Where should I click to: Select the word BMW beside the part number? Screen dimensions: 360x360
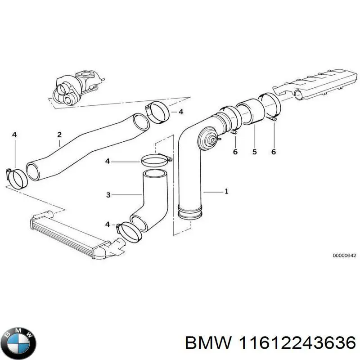205,344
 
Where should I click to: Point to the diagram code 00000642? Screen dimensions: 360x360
344,256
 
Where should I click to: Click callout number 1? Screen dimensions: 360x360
226,191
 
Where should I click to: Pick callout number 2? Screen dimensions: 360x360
59,134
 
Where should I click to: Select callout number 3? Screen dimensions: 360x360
108,195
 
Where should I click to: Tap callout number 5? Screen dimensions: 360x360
254,152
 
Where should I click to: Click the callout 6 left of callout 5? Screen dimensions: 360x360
235,152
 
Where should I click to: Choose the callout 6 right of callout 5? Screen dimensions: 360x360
273,152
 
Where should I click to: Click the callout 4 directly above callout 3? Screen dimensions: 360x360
108,161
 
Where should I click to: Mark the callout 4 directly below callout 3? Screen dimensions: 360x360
107,224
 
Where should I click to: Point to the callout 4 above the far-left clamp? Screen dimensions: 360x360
14,134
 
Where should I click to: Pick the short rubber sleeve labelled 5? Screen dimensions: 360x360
249,113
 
